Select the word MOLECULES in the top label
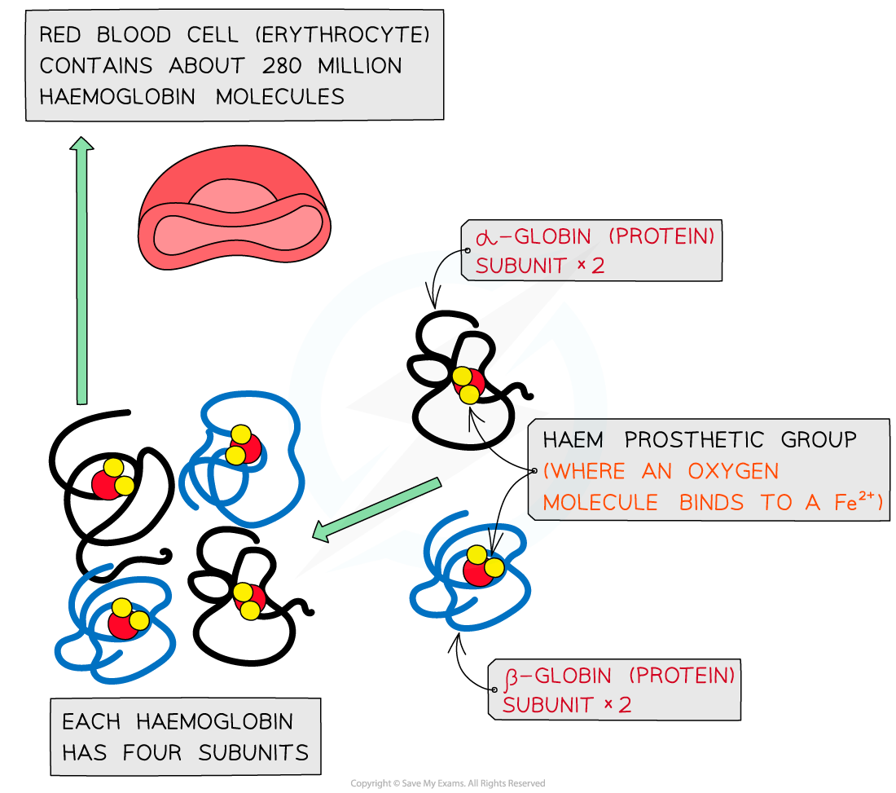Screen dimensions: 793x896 coord(279,96)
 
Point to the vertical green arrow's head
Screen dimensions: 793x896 coord(81,145)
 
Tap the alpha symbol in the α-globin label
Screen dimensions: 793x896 coord(485,237)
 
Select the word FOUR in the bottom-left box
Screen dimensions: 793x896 coord(155,752)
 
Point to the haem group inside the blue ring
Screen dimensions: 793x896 coord(468,384)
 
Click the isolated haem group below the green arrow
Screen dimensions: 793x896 coord(249,601)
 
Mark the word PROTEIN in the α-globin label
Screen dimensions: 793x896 coord(663,237)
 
